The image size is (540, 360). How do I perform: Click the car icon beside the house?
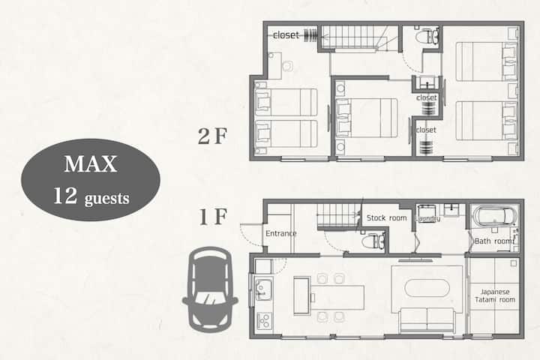(x=210, y=289)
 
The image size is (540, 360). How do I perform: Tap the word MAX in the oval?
(x=91, y=164)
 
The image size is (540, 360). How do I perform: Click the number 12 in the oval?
(x=65, y=196)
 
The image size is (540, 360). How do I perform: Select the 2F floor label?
(x=212, y=136)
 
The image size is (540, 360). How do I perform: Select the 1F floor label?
(x=213, y=217)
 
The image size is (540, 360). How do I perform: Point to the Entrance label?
(x=281, y=233)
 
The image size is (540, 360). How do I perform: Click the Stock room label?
(x=386, y=218)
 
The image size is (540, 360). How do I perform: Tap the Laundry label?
(x=427, y=219)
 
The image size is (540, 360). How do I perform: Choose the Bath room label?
(x=494, y=241)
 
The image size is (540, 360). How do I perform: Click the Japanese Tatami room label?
(x=495, y=296)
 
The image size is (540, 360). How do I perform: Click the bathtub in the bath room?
(x=494, y=215)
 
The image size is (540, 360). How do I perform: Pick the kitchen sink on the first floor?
(x=263, y=290)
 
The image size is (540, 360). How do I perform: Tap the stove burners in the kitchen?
(x=264, y=321)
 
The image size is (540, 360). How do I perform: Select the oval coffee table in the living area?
(x=427, y=288)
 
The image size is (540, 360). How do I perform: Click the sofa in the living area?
(x=427, y=319)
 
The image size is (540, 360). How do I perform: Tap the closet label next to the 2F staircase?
(x=286, y=35)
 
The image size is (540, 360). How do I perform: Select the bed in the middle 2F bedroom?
(x=367, y=118)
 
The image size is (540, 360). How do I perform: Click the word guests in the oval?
(x=106, y=199)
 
